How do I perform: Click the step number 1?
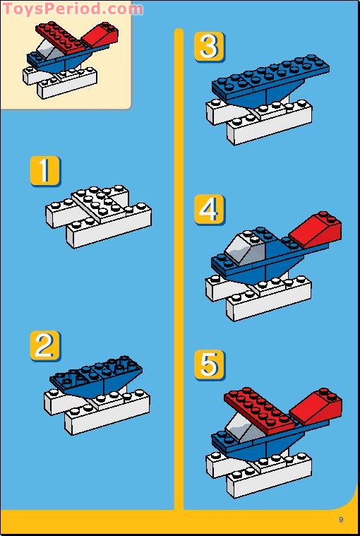45,172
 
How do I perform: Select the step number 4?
209,210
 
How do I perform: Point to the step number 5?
209,365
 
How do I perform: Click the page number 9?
340,520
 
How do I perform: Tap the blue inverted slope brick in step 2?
95,378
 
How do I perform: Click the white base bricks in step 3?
261,120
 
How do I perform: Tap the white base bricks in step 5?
261,470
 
